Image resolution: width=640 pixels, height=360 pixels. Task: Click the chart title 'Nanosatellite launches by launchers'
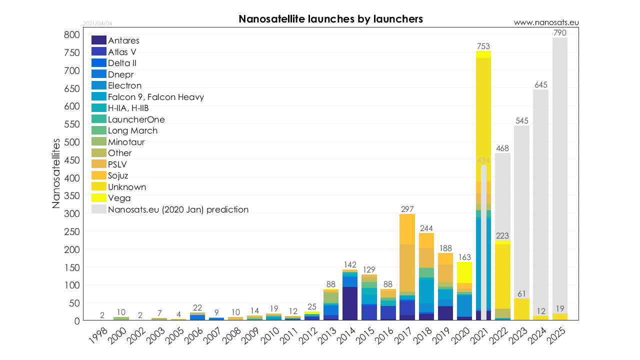point(330,19)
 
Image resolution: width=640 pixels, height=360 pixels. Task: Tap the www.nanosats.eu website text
point(546,22)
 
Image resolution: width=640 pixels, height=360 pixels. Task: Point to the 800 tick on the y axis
point(71,35)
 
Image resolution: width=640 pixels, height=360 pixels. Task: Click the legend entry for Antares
point(123,40)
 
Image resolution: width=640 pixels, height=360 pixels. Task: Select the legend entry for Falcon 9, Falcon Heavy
point(155,97)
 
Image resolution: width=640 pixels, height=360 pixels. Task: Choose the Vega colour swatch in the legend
point(99,198)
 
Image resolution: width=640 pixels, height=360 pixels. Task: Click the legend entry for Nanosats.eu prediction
point(178,209)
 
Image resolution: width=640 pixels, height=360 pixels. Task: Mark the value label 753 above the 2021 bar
point(483,46)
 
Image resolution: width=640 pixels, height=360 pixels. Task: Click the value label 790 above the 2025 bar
point(559,33)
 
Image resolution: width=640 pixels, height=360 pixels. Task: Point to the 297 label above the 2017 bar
point(407,209)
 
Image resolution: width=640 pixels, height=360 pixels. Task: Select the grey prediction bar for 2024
point(540,200)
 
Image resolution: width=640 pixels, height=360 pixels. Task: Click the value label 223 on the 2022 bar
point(502,235)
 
